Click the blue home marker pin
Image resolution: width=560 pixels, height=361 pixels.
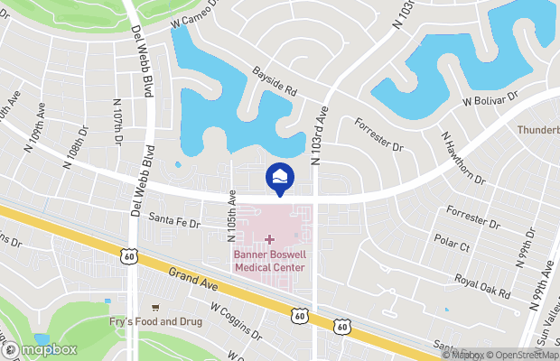click(279, 177)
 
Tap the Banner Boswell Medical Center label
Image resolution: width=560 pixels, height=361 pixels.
click(269, 261)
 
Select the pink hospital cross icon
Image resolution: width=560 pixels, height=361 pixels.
click(269, 239)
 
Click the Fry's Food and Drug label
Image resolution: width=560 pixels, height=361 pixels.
click(155, 322)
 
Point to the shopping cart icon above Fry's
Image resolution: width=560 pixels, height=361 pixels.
click(155, 308)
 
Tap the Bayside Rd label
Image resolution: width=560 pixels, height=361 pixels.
click(275, 86)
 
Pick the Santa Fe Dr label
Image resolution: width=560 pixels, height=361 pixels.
click(173, 218)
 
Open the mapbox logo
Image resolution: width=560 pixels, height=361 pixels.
click(39, 349)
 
